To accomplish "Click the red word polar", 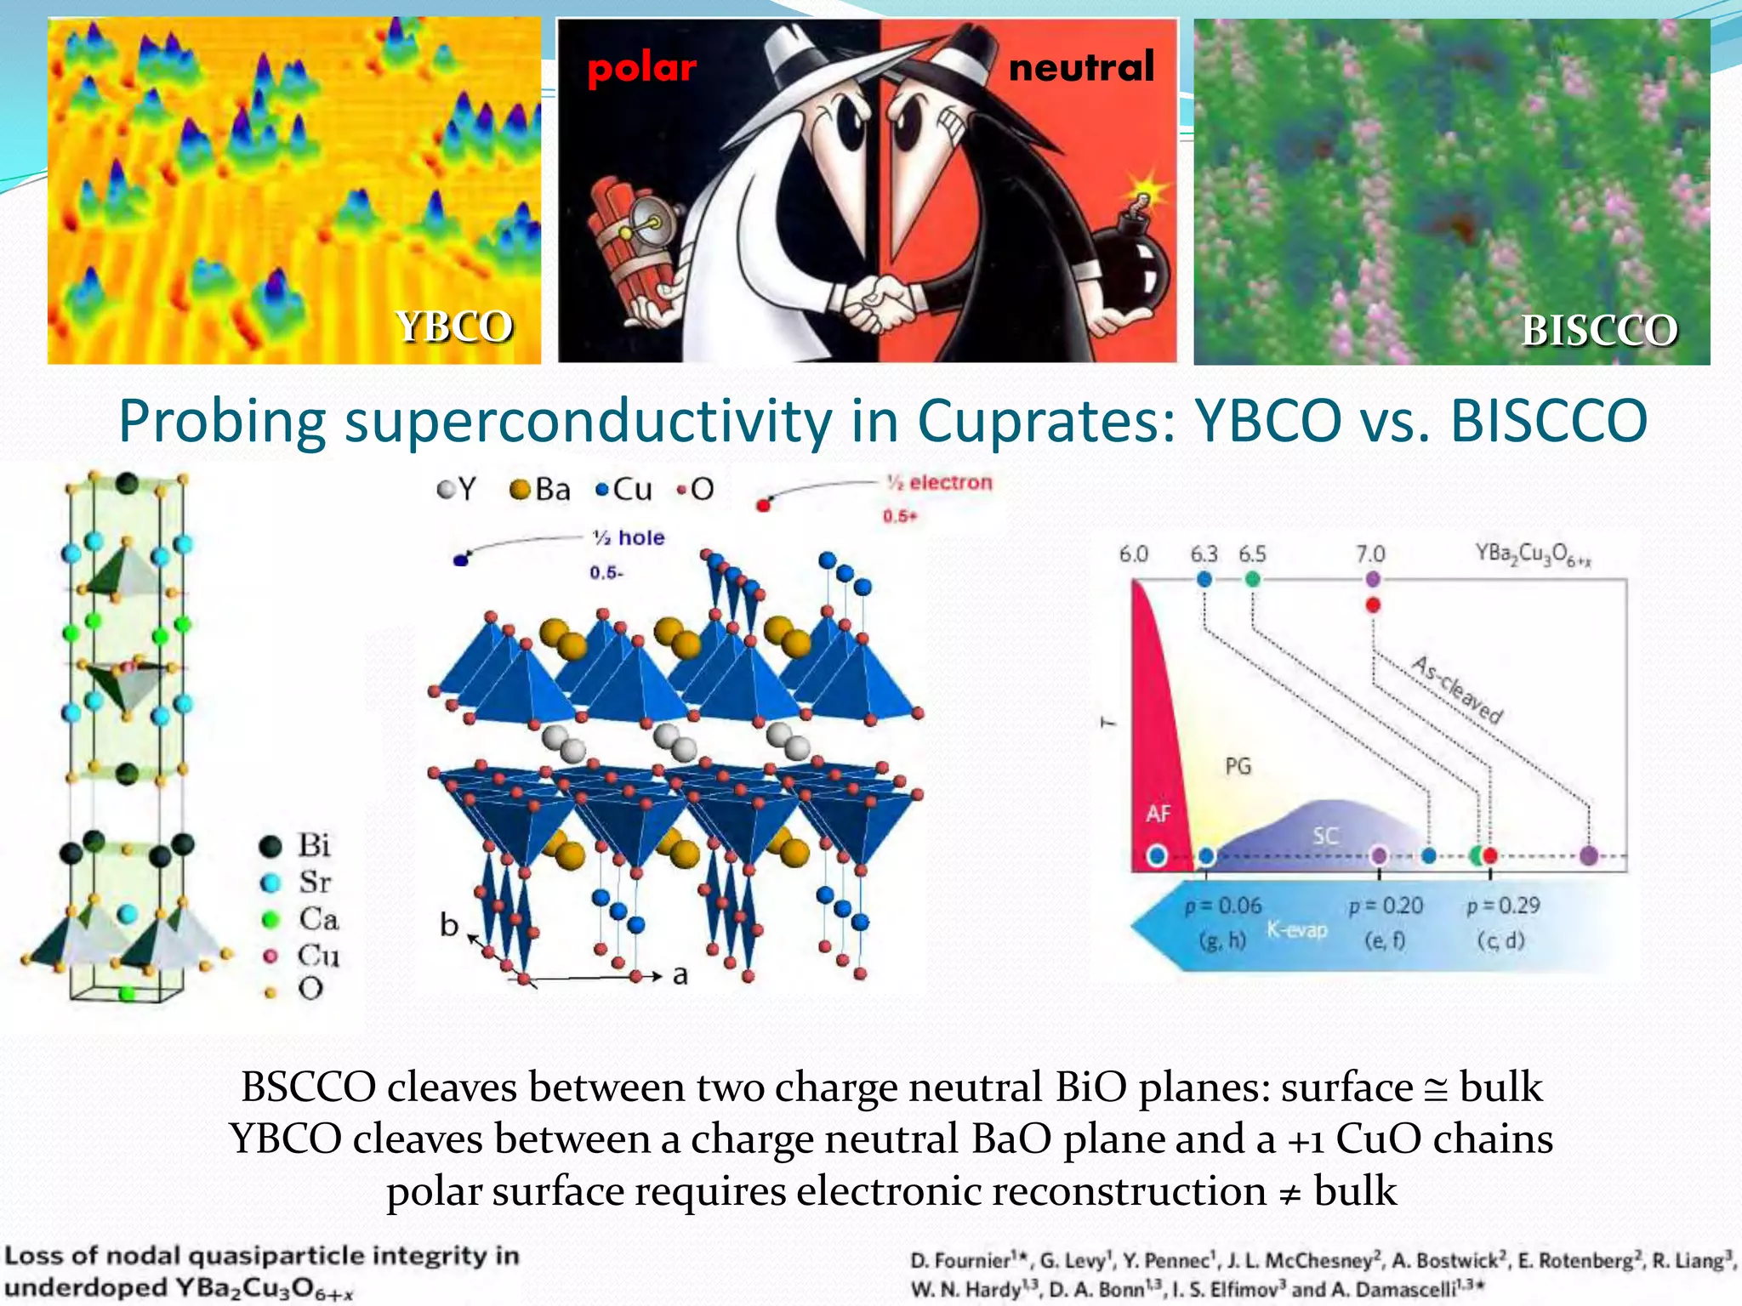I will click(x=641, y=68).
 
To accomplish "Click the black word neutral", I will click(x=1081, y=66).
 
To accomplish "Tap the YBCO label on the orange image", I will click(x=454, y=326).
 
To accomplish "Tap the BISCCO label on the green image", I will click(x=1599, y=330).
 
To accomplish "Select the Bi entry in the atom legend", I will click(x=298, y=845).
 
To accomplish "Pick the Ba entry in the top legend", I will click(x=541, y=490).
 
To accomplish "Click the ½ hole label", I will click(x=629, y=537).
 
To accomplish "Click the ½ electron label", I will click(x=939, y=482).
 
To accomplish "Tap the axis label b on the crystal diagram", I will click(x=449, y=924).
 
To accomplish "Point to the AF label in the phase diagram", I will click(x=1158, y=814).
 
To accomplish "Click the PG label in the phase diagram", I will click(x=1238, y=766).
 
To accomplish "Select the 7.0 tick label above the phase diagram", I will click(x=1369, y=554).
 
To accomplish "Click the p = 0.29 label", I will click(x=1503, y=906).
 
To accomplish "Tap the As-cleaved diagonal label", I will click(x=1457, y=690).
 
